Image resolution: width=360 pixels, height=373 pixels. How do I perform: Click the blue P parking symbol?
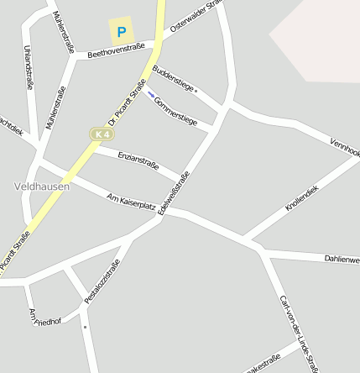[x=122, y=33]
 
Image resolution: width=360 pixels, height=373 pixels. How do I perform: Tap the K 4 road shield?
[x=102, y=134]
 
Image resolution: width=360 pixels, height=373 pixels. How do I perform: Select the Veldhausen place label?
[x=42, y=186]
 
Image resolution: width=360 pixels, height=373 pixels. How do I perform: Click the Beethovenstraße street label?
[x=116, y=50]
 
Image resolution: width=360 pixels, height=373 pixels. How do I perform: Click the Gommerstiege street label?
[x=176, y=110]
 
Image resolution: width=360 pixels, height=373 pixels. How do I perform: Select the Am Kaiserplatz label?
[x=132, y=202]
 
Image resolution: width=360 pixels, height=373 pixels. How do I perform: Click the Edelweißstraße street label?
[x=174, y=192]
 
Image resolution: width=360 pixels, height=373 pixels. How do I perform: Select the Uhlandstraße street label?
[x=29, y=67]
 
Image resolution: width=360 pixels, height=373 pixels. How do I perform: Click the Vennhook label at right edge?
[x=345, y=147]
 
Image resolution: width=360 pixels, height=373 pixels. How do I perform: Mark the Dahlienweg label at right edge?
[x=342, y=260]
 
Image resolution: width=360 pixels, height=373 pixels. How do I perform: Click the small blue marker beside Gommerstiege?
[x=151, y=94]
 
